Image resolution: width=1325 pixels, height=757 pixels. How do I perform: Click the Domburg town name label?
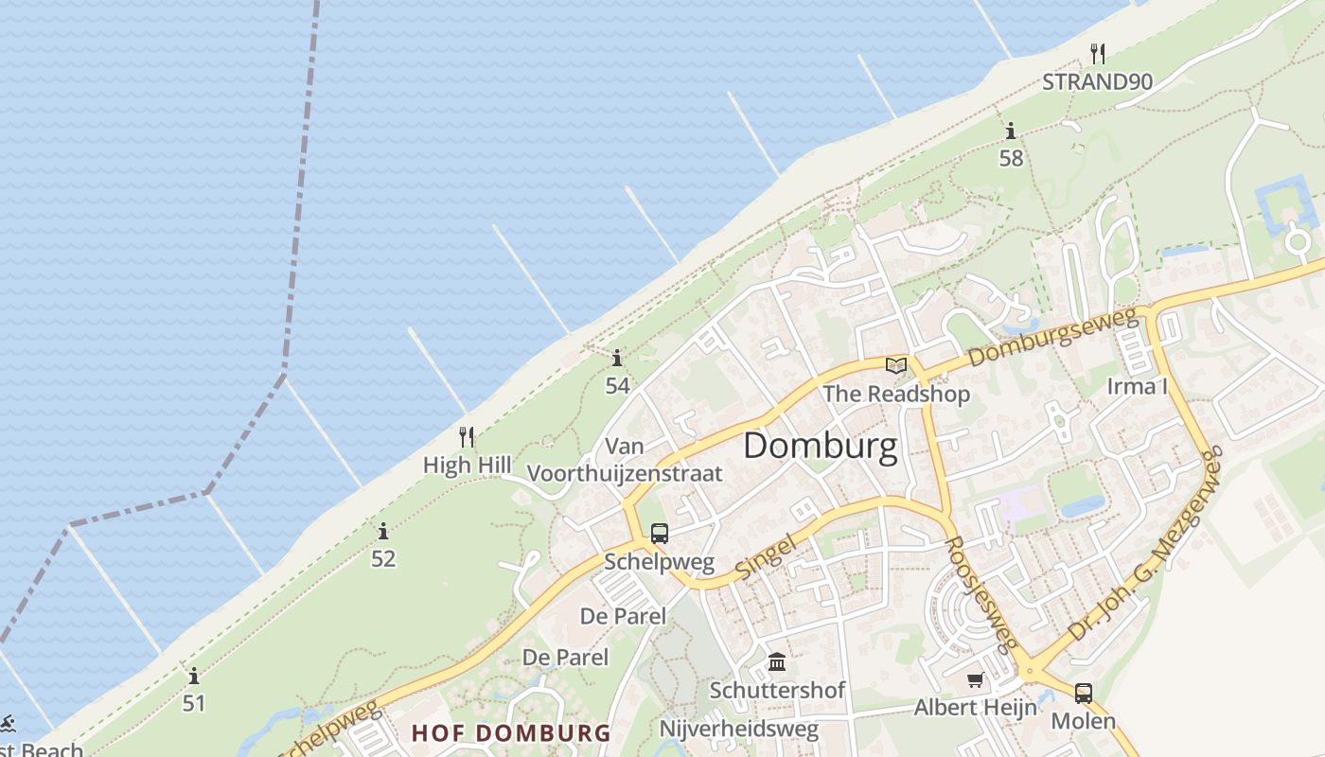[820, 446]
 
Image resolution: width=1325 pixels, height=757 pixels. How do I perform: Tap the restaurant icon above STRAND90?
[1097, 53]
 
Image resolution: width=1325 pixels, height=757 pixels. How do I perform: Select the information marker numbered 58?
[1011, 131]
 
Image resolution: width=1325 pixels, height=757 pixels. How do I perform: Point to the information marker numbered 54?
[617, 358]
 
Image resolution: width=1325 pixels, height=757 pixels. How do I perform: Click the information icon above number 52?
[383, 531]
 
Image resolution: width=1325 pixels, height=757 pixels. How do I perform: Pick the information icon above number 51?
[194, 676]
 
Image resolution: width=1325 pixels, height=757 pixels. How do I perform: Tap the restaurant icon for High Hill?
[466, 436]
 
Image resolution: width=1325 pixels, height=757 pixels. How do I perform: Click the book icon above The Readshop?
[895, 365]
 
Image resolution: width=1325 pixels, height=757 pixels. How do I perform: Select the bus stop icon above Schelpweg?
[660, 533]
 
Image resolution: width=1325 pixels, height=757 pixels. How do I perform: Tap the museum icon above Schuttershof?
[777, 661]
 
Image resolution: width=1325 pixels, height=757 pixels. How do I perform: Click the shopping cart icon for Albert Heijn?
[975, 679]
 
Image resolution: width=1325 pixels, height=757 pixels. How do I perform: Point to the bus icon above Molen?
[1084, 693]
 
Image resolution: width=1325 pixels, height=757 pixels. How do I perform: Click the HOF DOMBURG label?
[511, 732]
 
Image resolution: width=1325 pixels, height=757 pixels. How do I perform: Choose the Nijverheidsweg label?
[738, 729]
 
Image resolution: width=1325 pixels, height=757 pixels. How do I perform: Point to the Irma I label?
[1137, 386]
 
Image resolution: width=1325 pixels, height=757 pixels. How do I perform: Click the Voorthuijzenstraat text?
[624, 473]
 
